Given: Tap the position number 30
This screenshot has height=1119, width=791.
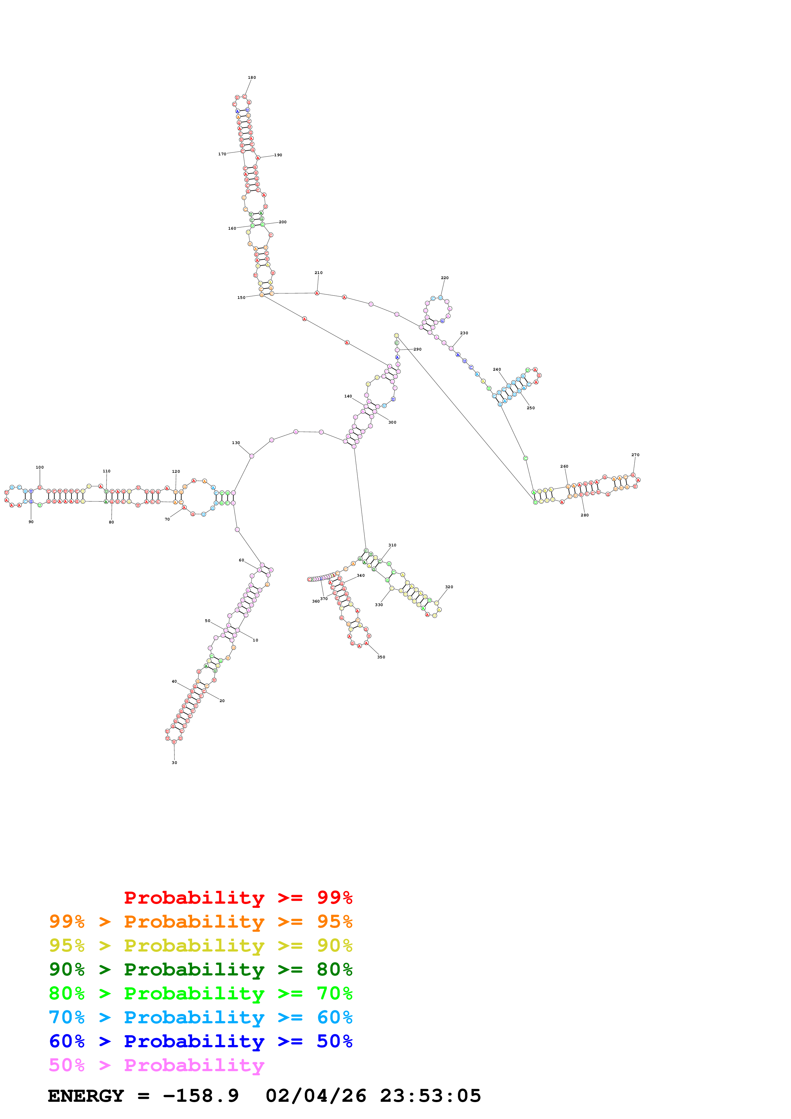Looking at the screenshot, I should [x=175, y=763].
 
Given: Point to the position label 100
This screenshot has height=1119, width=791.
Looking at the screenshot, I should [x=40, y=467].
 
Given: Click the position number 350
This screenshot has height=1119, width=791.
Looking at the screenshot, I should [x=381, y=657].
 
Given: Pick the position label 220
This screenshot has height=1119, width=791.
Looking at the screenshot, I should [x=444, y=278].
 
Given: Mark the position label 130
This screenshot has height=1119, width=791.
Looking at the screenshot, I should [x=236, y=443].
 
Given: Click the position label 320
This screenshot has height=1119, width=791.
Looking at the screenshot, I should [x=449, y=587].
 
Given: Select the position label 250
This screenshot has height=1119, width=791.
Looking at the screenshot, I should [x=531, y=408].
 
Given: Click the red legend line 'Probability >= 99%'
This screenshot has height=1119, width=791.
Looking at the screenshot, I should [x=238, y=898].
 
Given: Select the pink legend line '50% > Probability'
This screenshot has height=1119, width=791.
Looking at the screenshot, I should [x=156, y=1065].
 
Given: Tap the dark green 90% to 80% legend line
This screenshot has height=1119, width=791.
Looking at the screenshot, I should [x=200, y=969].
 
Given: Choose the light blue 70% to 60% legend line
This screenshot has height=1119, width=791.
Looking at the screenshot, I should [x=200, y=1017].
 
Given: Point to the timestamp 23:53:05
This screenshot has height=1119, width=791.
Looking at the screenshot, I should [x=430, y=1096].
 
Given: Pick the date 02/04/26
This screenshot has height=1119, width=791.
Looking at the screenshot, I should [x=316, y=1096].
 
